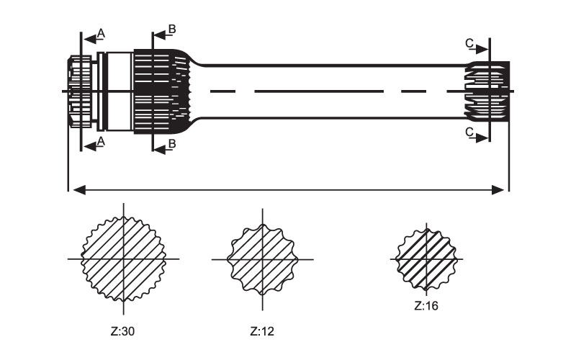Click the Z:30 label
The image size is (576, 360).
(123, 332)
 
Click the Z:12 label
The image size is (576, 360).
(262, 332)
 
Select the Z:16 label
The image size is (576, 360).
(426, 305)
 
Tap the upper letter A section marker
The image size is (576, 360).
(101, 33)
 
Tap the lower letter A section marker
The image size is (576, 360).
(101, 142)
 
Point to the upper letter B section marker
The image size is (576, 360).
(171, 29)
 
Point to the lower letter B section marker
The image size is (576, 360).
(171, 144)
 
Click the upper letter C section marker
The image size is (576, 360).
(469, 45)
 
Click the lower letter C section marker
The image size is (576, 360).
(469, 132)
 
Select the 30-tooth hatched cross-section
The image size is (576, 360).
(123, 258)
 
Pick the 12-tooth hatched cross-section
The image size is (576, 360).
(262, 258)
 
